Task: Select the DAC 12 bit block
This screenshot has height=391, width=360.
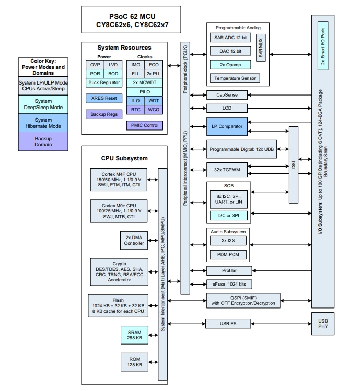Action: coord(230,51)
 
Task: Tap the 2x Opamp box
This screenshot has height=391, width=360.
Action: coord(230,65)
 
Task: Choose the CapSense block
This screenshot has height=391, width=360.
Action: coord(230,95)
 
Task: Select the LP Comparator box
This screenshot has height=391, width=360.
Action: coord(230,126)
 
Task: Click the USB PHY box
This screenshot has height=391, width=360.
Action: coord(323,322)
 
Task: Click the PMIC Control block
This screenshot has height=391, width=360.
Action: coord(144,125)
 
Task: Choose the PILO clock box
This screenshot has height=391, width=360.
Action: coord(144,91)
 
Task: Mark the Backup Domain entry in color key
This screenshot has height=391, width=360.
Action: coord(43,141)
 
